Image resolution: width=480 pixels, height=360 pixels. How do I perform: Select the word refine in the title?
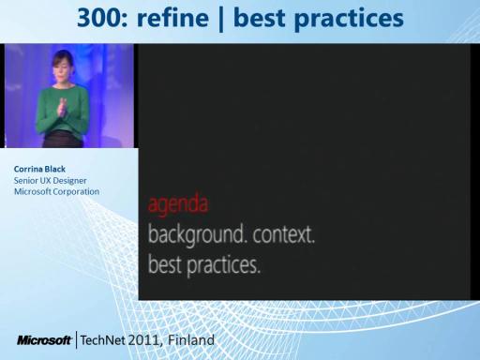tap(172, 18)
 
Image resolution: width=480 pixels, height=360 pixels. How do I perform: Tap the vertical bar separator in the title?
tap(221, 19)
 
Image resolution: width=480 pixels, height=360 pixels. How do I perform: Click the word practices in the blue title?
tap(349, 20)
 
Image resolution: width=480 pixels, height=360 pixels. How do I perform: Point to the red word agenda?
tap(178, 204)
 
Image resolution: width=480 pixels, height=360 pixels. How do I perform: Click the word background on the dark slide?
tap(196, 235)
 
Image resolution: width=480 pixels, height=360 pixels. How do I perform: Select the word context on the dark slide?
tap(284, 234)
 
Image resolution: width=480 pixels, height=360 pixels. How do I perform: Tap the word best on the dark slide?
tap(165, 263)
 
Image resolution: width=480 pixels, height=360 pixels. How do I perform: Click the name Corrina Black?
tap(39, 169)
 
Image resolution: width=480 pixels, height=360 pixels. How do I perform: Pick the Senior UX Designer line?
tap(50, 181)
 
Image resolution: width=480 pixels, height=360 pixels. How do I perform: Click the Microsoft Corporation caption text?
tap(56, 191)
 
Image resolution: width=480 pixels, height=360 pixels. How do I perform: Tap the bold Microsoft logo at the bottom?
tap(44, 340)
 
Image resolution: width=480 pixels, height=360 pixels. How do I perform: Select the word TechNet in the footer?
tap(103, 340)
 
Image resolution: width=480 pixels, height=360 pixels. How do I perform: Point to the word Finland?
tap(191, 339)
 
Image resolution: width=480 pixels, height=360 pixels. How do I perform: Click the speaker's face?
tap(62, 69)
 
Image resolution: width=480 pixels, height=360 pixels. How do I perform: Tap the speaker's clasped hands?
tap(62, 107)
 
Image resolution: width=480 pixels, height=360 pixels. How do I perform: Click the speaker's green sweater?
tap(62, 110)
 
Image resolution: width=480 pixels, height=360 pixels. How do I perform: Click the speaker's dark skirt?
tap(63, 140)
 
